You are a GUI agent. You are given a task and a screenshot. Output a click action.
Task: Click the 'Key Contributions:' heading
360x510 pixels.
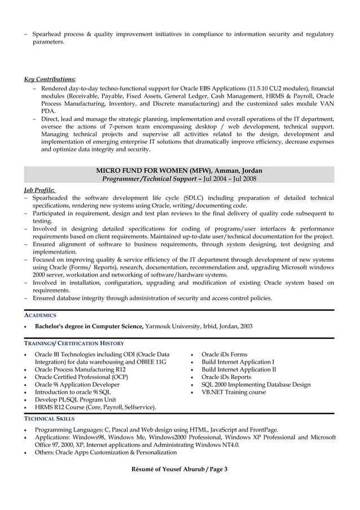coord(50,79)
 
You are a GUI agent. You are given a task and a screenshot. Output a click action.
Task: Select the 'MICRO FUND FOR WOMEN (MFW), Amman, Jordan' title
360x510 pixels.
coord(179,171)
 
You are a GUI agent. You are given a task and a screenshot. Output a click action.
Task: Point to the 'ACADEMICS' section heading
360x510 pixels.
coord(39,315)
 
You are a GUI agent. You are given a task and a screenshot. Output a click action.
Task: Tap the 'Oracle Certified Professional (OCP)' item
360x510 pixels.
coord(81,377)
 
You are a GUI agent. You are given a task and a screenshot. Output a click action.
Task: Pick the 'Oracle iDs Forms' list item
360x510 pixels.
coord(224,355)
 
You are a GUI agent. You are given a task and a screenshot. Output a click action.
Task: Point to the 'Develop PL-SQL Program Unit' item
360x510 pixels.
coord(75,399)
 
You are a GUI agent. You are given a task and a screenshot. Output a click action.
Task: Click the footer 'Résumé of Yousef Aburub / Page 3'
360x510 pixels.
coord(179,470)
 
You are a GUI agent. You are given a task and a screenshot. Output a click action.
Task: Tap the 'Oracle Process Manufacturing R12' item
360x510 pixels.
coord(80,369)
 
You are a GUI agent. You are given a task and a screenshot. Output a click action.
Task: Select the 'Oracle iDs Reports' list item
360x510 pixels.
coord(226,377)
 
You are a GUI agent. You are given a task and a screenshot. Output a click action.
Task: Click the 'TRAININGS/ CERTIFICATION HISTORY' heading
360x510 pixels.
coord(74,343)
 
